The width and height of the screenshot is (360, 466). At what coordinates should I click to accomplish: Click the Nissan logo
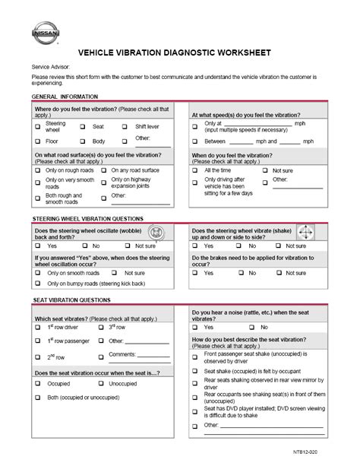(44, 33)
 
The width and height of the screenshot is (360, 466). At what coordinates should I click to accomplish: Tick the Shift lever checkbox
(124, 126)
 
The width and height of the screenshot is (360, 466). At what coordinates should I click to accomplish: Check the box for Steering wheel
(37, 126)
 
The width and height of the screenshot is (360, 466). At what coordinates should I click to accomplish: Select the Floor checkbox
(37, 141)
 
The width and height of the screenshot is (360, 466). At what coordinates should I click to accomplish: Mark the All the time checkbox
(194, 171)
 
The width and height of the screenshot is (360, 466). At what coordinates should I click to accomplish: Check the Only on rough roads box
(37, 170)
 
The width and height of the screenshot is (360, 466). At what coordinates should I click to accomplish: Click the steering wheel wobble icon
(156, 233)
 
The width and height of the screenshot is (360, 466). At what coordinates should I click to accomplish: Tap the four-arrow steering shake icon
(305, 233)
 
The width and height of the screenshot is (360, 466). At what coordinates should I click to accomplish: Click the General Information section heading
(65, 97)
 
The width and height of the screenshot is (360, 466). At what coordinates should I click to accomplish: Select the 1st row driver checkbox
(37, 327)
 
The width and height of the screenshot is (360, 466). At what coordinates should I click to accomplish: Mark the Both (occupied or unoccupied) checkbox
(37, 398)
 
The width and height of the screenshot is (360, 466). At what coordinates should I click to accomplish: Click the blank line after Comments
(153, 356)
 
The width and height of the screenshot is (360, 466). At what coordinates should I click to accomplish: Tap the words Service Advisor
(52, 67)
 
